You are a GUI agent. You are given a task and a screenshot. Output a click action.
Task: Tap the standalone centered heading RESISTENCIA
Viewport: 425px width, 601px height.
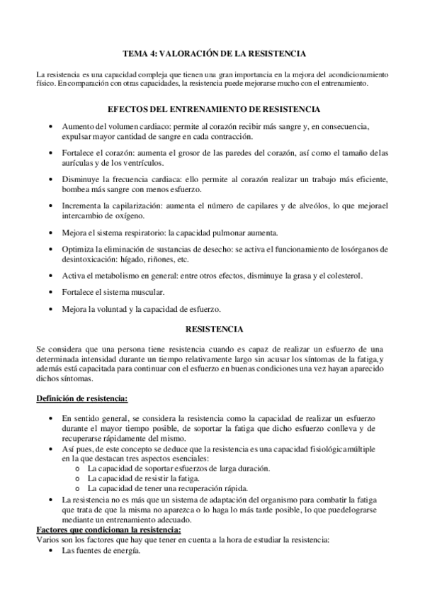point(214,329)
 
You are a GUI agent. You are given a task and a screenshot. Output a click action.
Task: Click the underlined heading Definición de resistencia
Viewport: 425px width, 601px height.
point(82,398)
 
